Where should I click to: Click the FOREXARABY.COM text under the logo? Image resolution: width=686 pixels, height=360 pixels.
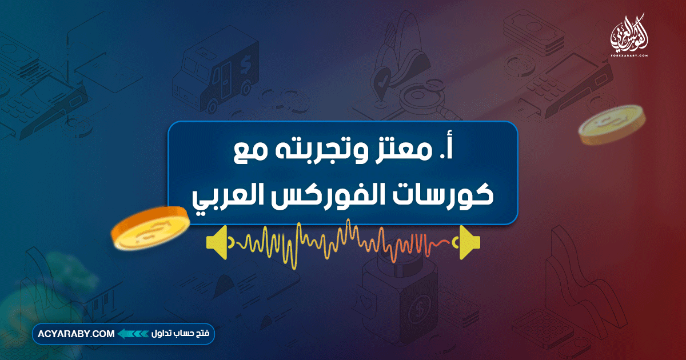tap(628, 55)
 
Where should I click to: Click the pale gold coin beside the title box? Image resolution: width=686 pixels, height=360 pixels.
tap(612, 123)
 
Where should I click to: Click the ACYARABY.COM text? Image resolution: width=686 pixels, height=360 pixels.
tap(77, 334)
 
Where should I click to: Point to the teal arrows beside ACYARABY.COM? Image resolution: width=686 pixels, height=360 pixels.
tap(133, 334)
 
